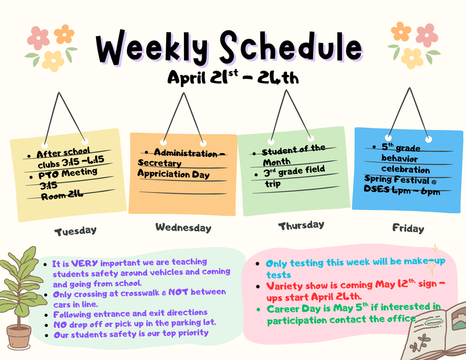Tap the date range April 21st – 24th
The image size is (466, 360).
tap(233, 78)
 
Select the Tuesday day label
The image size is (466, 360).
tap(76, 231)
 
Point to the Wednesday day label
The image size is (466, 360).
tap(183, 228)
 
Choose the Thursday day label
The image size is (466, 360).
tap(301, 226)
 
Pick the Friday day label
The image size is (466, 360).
tap(408, 228)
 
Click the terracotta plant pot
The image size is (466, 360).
tap(19, 336)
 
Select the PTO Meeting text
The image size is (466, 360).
tap(67, 173)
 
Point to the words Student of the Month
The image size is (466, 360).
tap(293, 155)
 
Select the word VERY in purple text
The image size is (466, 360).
tap(85, 263)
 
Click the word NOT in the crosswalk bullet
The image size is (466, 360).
tap(178, 292)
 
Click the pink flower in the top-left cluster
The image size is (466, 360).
tap(38, 38)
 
